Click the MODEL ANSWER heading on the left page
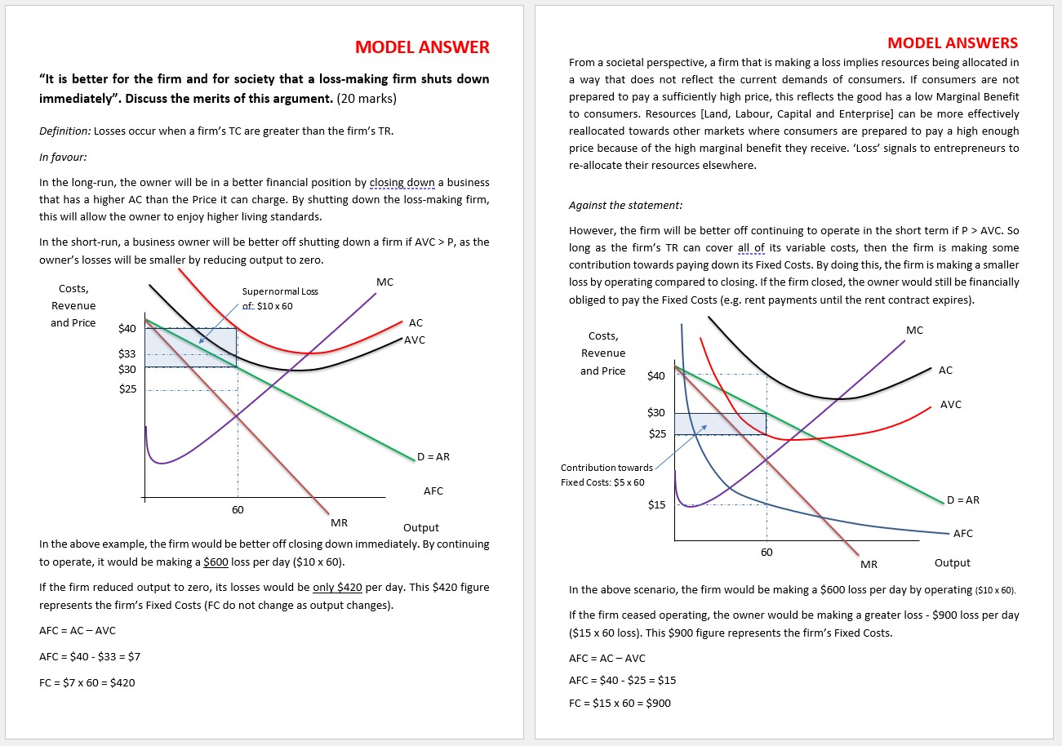pyautogui.click(x=422, y=47)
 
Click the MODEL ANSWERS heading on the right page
pyautogui.click(x=953, y=42)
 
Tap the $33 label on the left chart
pyautogui.click(x=127, y=354)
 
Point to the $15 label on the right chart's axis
pyautogui.click(x=656, y=504)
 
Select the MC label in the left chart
pyautogui.click(x=384, y=282)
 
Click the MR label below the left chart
pyautogui.click(x=340, y=522)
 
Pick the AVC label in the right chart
pyautogui.click(x=951, y=404)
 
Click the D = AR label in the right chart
pyautogui.click(x=963, y=500)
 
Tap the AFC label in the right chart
pyautogui.click(x=963, y=533)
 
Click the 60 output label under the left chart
pyautogui.click(x=238, y=509)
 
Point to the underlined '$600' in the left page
pyautogui.click(x=216, y=562)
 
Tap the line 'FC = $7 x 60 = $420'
pyautogui.click(x=87, y=682)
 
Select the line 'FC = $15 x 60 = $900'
pyautogui.click(x=620, y=703)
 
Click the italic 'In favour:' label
pyautogui.click(x=63, y=157)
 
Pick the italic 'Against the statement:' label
pyautogui.click(x=625, y=205)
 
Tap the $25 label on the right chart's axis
pyautogui.click(x=656, y=434)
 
